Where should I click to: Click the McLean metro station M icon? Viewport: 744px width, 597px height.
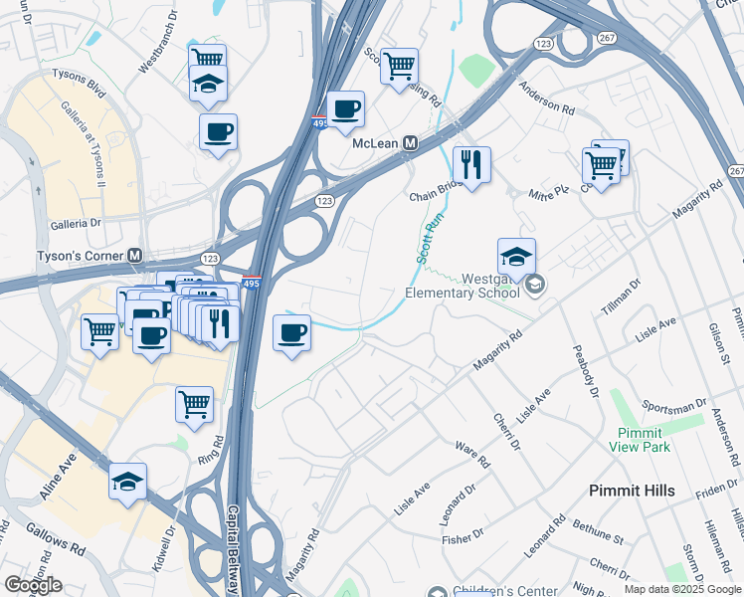(409, 143)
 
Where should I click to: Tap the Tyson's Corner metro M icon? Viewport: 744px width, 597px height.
(133, 256)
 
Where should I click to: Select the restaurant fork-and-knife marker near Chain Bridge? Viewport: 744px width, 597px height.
(470, 163)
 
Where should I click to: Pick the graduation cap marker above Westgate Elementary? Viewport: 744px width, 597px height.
(516, 257)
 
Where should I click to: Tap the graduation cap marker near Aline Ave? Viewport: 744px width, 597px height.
(128, 482)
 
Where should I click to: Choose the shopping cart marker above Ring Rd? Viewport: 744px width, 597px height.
(194, 404)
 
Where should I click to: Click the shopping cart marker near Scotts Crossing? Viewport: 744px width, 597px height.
(399, 66)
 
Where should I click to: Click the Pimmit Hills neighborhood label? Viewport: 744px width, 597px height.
(632, 491)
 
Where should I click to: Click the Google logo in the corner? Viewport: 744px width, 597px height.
(33, 585)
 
